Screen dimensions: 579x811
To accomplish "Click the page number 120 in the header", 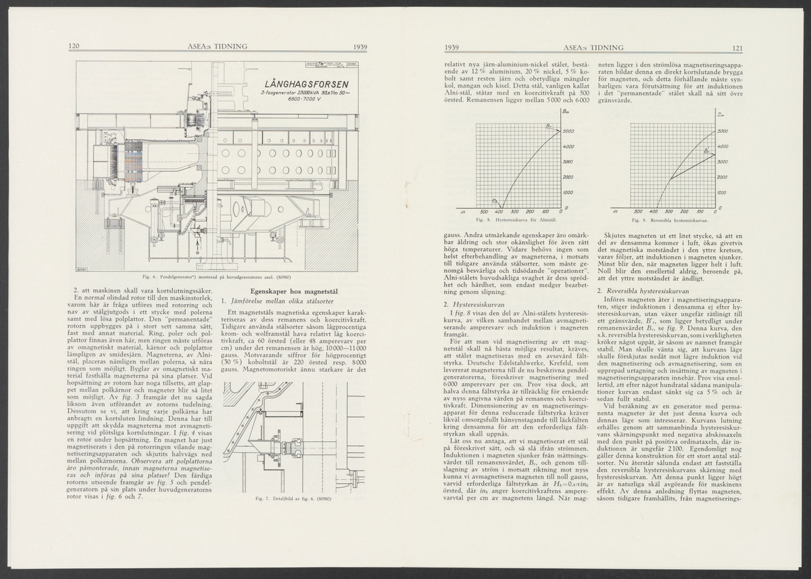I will click(x=75, y=47).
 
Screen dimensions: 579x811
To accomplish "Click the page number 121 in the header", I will click(x=737, y=47).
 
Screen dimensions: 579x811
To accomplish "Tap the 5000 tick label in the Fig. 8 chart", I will click(x=568, y=131).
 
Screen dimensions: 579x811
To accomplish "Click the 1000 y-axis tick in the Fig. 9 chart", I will click(x=723, y=193).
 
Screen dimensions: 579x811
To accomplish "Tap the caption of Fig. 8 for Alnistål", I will click(x=516, y=221).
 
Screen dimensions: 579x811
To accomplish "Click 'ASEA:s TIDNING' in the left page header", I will click(x=217, y=47).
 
